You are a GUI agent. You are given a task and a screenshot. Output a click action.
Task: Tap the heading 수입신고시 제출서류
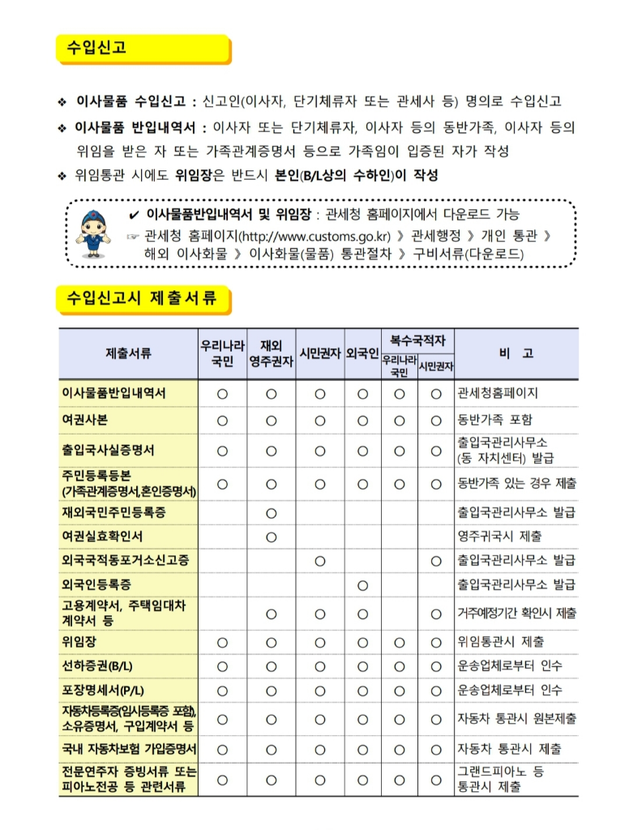point(142,298)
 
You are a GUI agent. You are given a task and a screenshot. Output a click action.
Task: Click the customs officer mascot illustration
point(95,232)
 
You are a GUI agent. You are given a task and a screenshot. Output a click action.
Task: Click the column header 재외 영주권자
point(271,353)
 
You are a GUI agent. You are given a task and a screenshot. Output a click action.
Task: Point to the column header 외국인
point(362,353)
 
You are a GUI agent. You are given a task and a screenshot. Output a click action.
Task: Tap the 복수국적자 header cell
point(417,340)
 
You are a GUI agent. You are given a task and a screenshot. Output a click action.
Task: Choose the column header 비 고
point(516,353)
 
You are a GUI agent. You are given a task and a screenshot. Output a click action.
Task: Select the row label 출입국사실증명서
point(108,450)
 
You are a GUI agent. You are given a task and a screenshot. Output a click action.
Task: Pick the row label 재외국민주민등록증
point(113,512)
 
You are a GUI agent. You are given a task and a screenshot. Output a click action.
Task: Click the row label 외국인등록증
point(96,584)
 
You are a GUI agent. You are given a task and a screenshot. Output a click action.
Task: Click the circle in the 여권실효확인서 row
point(271,537)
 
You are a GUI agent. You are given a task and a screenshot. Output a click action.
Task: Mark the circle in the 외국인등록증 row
point(362,584)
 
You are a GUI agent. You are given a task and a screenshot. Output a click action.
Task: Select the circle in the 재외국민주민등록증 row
point(271,513)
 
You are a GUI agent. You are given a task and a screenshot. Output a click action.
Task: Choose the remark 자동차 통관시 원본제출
point(516,719)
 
